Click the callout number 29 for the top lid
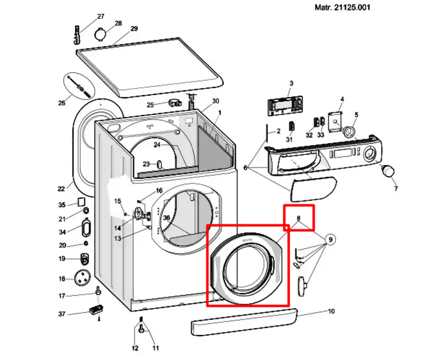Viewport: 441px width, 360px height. pos(134,29)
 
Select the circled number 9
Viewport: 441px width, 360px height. pos(330,239)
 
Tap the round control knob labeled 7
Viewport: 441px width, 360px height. pos(388,171)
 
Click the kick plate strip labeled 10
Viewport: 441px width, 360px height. pos(243,322)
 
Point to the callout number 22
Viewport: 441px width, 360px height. pos(61,189)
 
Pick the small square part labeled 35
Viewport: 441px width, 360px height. pos(81,202)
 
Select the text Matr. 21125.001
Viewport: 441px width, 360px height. pos(342,7)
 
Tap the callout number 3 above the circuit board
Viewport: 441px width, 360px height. pos(291,83)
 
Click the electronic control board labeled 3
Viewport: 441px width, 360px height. pos(285,106)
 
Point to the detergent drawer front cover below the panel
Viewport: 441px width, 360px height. pos(313,189)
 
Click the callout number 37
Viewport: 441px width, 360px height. pos(62,314)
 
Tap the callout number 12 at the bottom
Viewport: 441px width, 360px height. pos(135,349)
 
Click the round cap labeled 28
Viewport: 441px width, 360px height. pos(101,34)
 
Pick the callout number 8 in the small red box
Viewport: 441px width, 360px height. pos(298,217)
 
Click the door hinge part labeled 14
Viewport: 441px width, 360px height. pos(143,214)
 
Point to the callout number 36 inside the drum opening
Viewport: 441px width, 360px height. pos(166,217)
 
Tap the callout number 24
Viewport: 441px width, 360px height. pos(157,145)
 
